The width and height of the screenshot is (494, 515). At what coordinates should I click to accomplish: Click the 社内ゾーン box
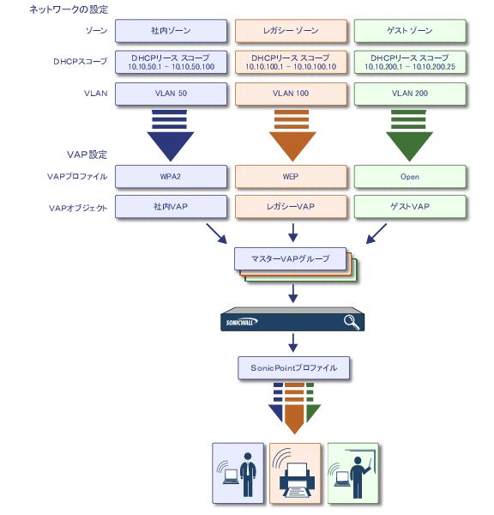[x=171, y=31]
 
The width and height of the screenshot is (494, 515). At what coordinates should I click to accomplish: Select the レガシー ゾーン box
[x=291, y=31]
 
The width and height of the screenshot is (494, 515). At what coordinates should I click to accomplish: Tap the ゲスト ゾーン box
[x=410, y=31]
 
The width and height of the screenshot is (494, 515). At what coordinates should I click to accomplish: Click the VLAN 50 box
[x=171, y=94]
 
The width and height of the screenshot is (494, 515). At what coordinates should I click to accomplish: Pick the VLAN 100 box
[x=291, y=94]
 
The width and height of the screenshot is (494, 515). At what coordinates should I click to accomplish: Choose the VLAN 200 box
[x=410, y=94]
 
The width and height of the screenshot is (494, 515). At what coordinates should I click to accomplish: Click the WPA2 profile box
[x=171, y=177]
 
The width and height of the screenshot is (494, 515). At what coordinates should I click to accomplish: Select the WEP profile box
[x=291, y=177]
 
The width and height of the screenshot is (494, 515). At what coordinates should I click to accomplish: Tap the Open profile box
[x=410, y=177]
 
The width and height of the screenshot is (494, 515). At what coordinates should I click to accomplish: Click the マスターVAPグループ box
[x=290, y=259]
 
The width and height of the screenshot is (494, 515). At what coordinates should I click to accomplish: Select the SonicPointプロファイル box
[x=294, y=368]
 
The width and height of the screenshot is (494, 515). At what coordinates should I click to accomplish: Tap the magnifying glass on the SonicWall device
[x=352, y=322]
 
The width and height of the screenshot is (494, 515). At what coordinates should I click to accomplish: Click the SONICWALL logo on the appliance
[x=242, y=322]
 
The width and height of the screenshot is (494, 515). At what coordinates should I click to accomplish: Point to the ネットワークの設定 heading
[x=69, y=9]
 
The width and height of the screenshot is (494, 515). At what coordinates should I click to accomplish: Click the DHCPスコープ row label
[x=81, y=62]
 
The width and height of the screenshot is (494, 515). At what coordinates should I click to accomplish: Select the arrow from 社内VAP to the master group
[x=217, y=233]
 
